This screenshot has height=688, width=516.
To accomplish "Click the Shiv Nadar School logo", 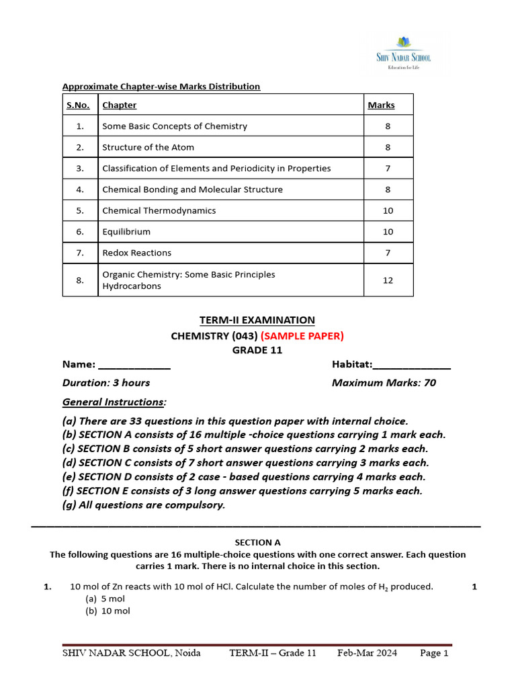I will tap(403, 52).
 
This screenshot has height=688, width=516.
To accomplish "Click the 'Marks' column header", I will tap(381, 105).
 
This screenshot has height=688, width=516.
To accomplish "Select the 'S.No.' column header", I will tap(80, 105).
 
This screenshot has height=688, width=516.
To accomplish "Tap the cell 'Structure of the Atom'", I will tap(148, 147).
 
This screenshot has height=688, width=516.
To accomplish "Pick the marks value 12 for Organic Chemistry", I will tap(388, 280).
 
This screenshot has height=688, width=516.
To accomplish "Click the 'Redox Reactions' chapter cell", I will tap(136, 253).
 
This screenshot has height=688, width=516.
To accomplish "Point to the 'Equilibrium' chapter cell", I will tap(126, 232).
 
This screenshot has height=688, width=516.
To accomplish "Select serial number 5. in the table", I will tap(80, 210).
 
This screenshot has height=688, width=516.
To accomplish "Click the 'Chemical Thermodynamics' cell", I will tap(159, 210).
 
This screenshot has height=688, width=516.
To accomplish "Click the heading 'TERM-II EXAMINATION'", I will tap(257, 320).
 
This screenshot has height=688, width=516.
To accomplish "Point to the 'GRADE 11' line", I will tap(257, 350).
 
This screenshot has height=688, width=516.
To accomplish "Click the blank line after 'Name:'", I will tap(134, 365).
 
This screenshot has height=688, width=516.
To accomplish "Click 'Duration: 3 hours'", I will tap(106, 383).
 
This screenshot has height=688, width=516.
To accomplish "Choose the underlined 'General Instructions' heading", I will tap(114, 402).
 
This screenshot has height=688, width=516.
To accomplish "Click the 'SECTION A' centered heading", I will tap(257, 542).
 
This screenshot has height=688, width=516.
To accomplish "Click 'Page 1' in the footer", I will tap(434, 653).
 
